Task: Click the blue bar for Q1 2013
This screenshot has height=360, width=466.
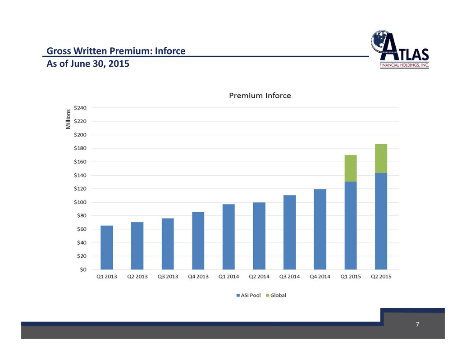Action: point(107,247)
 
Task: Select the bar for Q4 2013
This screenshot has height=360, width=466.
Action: point(198,241)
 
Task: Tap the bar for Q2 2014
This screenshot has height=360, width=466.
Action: point(259,236)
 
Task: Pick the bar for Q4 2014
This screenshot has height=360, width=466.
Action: point(320,229)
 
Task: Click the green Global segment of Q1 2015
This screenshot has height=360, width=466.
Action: point(351,169)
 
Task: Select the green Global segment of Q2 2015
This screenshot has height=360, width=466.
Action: point(381,159)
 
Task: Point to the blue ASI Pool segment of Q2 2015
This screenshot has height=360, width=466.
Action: point(381,221)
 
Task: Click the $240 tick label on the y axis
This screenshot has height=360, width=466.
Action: point(80,108)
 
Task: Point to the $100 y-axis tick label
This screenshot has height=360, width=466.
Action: point(80,202)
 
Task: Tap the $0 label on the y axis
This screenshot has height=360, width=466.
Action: point(83,270)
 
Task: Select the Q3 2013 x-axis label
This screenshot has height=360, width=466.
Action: point(168,277)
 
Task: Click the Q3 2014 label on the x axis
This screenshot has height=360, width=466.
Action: point(289,277)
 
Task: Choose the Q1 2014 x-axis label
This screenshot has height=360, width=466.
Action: point(228,277)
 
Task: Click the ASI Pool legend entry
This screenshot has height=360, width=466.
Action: point(248,295)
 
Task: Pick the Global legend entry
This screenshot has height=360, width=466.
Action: point(276,295)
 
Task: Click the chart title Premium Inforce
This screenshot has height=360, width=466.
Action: point(260,96)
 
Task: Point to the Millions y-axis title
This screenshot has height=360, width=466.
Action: point(69,119)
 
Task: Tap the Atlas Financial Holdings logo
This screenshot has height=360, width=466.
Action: point(400,49)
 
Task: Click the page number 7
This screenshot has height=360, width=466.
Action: point(417,324)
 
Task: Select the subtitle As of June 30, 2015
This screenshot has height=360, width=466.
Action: point(88,64)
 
